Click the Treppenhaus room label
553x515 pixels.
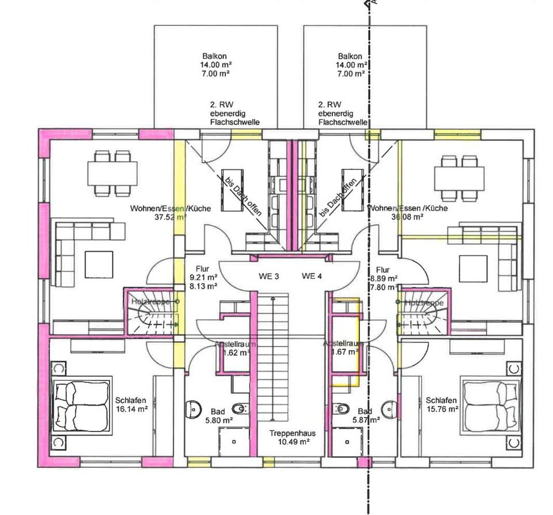(x=289, y=433)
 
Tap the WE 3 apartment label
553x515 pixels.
(x=268, y=277)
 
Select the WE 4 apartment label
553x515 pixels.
(x=312, y=277)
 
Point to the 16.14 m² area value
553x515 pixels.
(x=131, y=410)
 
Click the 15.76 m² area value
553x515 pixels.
(x=442, y=410)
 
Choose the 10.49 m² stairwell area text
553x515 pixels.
(x=289, y=442)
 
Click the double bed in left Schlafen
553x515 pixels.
(x=82, y=405)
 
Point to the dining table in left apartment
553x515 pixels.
(x=112, y=171)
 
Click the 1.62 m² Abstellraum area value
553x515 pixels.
(x=236, y=353)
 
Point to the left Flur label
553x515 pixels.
(x=202, y=269)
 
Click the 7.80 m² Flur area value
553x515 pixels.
(x=382, y=287)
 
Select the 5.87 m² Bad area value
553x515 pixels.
(x=365, y=421)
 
